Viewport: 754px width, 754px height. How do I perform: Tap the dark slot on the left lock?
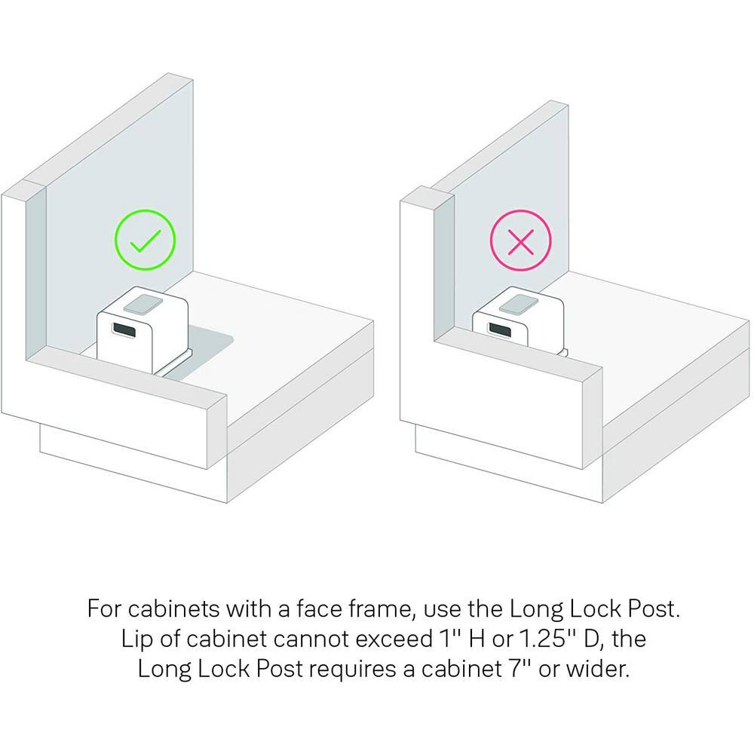(124, 330)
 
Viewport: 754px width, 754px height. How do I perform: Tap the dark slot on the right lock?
(500, 330)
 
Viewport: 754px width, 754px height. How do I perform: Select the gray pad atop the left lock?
(143, 305)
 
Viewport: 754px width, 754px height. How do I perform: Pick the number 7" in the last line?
(520, 668)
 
